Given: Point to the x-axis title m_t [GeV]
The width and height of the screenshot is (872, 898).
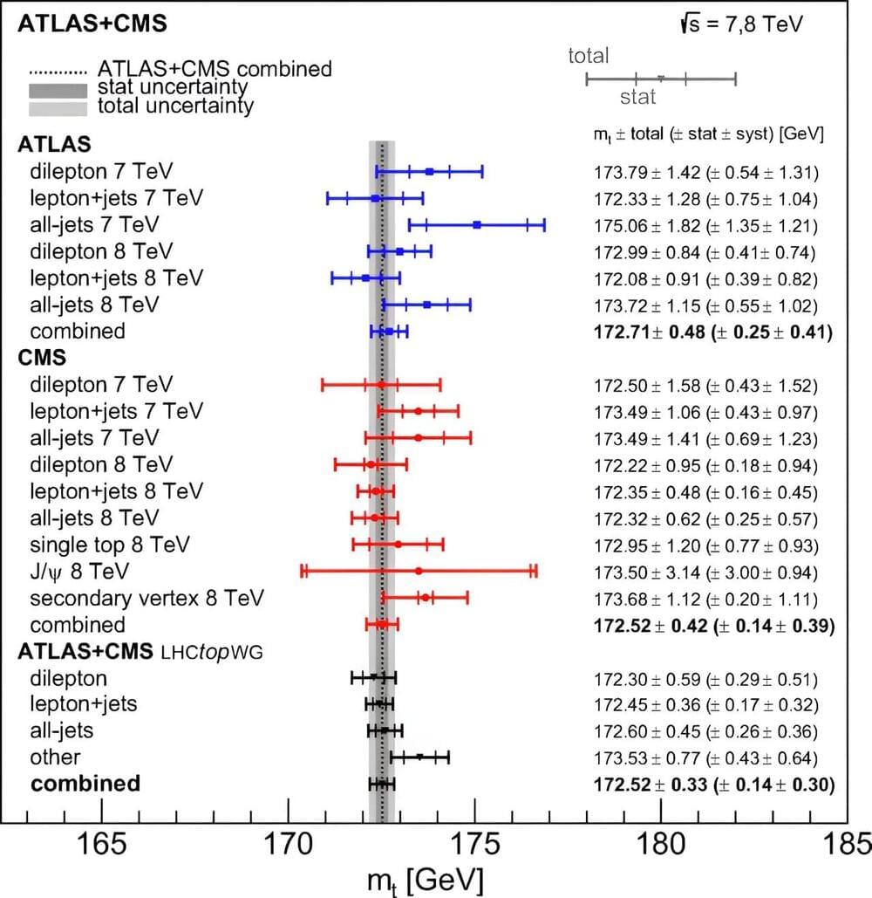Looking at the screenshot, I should (x=420, y=880).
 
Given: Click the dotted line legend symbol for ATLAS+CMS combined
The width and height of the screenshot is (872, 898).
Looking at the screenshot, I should (x=58, y=69).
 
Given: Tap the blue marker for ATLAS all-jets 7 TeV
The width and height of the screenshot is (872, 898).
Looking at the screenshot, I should (x=477, y=225).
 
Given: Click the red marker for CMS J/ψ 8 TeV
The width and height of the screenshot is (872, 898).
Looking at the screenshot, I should (x=419, y=571).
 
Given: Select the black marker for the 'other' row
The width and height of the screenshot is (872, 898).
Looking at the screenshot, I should (x=419, y=757).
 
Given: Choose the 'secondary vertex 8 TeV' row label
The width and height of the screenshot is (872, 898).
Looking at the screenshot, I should (x=146, y=599).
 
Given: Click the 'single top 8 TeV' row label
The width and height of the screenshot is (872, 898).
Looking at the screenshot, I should (x=110, y=545).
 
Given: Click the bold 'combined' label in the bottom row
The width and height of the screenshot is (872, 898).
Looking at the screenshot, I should (x=85, y=784).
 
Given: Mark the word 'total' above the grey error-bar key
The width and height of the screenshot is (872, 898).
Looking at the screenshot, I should (x=589, y=57).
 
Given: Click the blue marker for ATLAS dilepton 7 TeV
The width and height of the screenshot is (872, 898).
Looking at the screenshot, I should (x=430, y=172).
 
